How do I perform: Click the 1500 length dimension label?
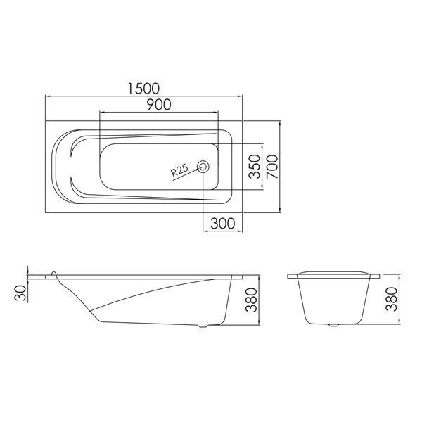click(143, 89)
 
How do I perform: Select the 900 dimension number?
click(159, 104)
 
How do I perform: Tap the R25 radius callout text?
click(179, 171)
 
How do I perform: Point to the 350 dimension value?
click(255, 167)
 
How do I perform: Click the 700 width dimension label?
click(272, 167)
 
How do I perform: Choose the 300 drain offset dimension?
click(223, 224)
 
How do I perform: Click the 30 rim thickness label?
click(20, 293)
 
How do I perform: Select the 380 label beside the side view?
click(251, 300)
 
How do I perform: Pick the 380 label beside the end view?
click(391, 300)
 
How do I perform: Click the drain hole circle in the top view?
click(203, 167)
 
